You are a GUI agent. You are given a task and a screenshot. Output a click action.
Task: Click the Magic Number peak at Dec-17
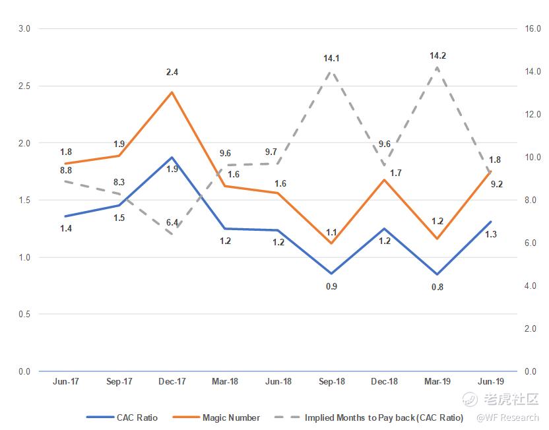click(172, 92)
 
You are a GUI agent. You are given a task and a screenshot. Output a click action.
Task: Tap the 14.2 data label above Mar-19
click(437, 55)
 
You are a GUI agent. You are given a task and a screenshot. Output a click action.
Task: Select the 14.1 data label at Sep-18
click(331, 59)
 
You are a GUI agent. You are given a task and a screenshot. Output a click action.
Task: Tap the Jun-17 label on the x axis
click(66, 381)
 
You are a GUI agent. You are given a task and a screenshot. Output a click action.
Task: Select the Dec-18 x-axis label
click(384, 381)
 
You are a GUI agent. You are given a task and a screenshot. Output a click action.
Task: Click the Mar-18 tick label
click(225, 381)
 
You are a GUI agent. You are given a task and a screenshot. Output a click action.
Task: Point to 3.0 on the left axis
click(25, 29)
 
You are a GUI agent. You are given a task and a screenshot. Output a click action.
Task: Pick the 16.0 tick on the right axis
click(532, 29)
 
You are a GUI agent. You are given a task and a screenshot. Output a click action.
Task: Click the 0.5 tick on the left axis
click(25, 315)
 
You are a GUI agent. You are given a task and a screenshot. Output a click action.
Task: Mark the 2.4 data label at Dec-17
click(172, 72)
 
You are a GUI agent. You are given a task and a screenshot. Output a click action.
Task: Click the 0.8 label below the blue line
click(437, 287)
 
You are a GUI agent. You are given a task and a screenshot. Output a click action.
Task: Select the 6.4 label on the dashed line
click(172, 222)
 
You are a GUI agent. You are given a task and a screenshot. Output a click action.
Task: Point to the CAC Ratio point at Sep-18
click(331, 273)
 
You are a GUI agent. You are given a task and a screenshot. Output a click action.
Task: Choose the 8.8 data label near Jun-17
click(66, 169)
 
